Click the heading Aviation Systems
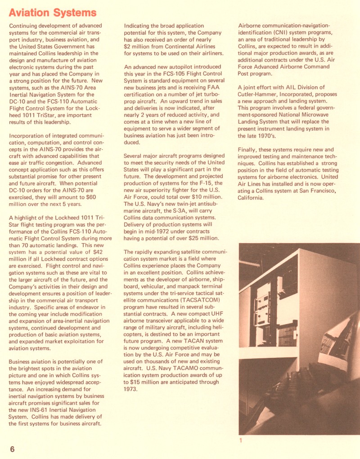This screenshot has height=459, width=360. tap(53, 12)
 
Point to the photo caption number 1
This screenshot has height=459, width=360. tap(240, 440)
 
